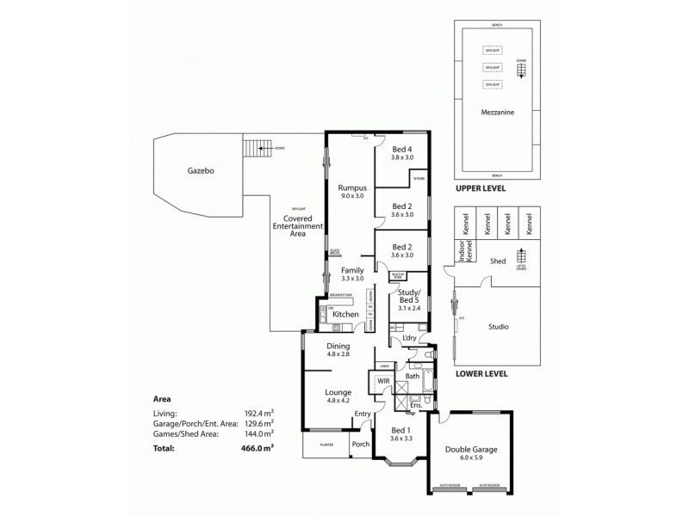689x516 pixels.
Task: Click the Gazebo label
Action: point(200,171)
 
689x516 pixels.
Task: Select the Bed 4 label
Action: point(402,150)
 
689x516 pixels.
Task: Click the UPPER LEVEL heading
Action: point(481,188)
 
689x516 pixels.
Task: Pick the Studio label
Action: point(498,327)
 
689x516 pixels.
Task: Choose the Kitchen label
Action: point(345,315)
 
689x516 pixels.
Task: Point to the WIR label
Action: point(382,378)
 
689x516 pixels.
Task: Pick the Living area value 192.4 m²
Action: point(258,413)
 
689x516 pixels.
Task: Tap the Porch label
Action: point(359,445)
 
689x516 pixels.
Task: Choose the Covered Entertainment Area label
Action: point(297,225)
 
